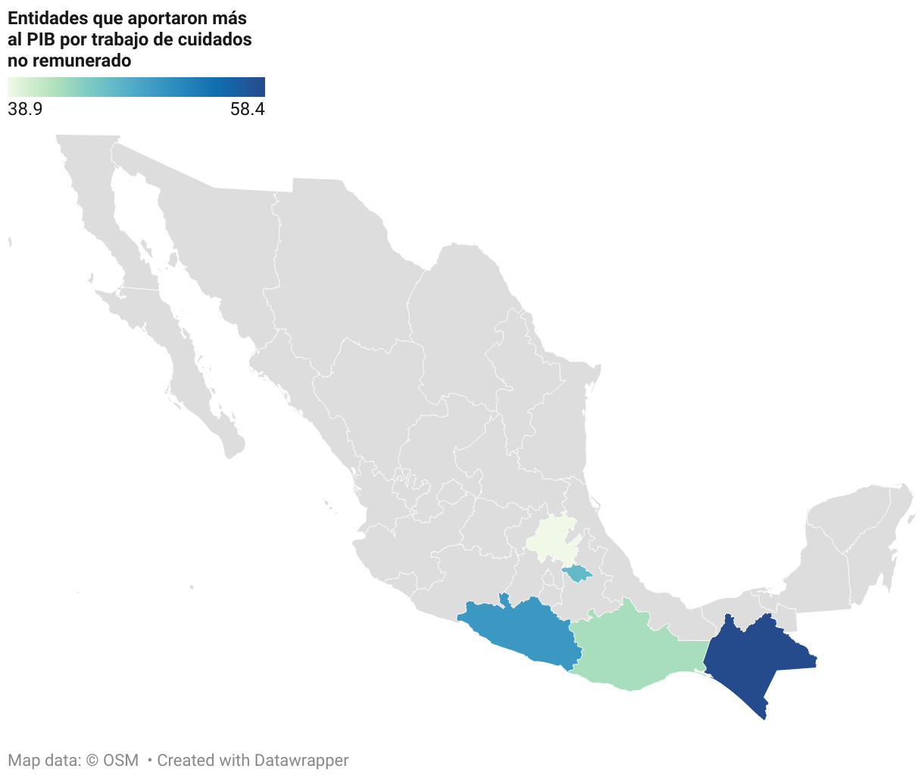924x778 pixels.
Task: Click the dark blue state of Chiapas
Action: pos(754,658)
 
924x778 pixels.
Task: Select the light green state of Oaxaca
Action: pos(632,651)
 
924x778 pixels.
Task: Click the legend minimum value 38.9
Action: pos(25,109)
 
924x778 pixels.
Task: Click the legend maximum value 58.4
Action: pos(248,109)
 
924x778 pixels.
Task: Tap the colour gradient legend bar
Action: pos(136,86)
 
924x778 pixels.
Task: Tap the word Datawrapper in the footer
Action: pos(301,760)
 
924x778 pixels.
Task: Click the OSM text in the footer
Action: pos(121,760)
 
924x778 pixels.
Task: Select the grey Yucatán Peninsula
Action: pos(856,545)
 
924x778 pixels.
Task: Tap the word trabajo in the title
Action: pos(122,39)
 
